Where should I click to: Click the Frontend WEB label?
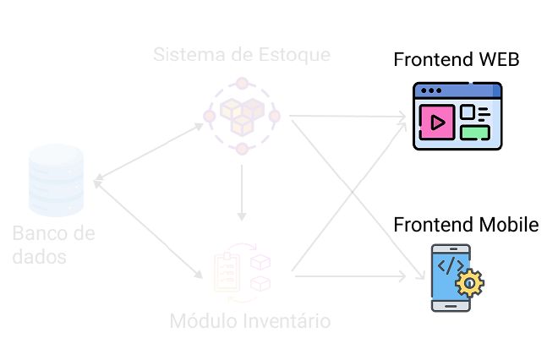(x=456, y=61)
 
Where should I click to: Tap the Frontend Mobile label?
(x=466, y=225)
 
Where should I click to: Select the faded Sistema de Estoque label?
(x=242, y=55)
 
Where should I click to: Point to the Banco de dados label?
(x=53, y=243)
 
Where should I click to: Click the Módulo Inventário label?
(x=249, y=321)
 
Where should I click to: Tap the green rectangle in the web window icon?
(x=474, y=132)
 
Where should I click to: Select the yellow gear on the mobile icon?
(x=469, y=283)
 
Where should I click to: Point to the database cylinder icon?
(x=57, y=180)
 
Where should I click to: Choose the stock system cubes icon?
(x=242, y=115)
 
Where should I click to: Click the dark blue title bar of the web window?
(x=457, y=90)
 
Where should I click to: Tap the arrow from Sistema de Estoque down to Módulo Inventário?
(x=243, y=193)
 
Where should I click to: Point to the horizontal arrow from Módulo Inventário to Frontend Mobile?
(x=347, y=275)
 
